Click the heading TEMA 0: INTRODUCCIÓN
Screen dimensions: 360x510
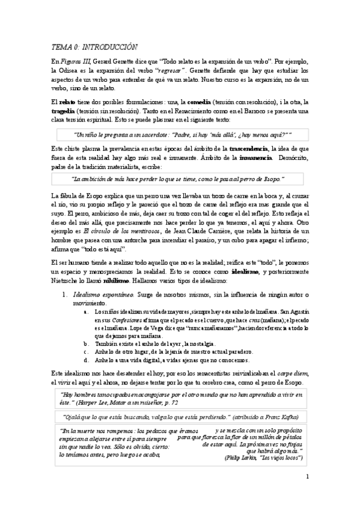(94, 47)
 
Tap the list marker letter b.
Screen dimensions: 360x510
(87, 343)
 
